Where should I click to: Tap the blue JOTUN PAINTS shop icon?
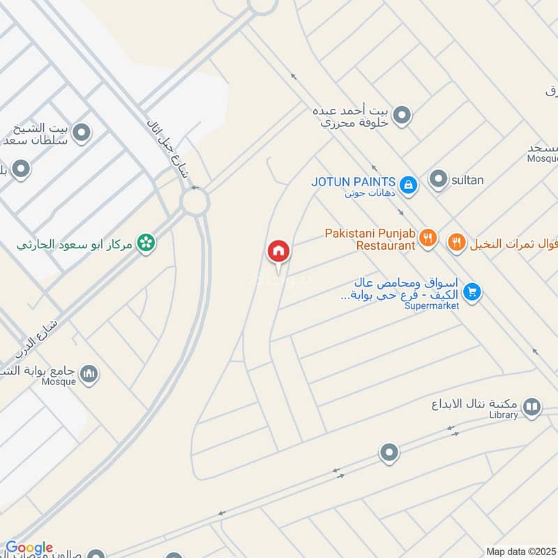point(409,185)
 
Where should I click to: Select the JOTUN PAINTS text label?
point(354,181)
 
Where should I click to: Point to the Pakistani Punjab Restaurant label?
point(370,239)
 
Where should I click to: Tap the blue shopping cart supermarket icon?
point(472,292)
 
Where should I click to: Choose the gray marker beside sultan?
point(439,180)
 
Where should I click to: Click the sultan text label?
point(467,180)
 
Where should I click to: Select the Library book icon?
point(531,407)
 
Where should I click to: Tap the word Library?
point(504,415)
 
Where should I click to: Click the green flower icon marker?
point(146,243)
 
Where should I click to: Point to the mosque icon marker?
point(89,375)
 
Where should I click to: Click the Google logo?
point(29,548)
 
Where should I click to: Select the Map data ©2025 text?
point(520,552)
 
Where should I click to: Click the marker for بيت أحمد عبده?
point(401,115)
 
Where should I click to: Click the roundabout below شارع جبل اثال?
point(195,203)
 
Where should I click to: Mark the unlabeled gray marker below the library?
point(389,453)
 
